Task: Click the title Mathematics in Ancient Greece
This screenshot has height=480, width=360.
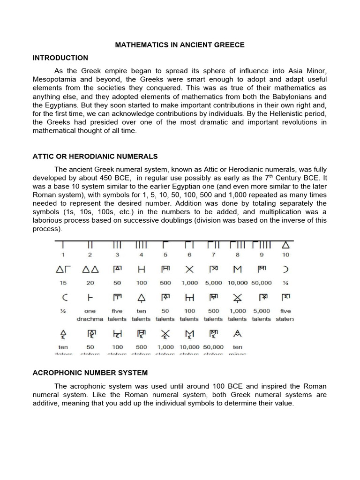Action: (x=180, y=45)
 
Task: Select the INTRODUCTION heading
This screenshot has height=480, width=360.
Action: (x=60, y=58)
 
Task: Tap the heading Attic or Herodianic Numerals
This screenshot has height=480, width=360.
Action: (x=95, y=156)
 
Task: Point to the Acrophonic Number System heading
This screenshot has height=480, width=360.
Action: (x=90, y=373)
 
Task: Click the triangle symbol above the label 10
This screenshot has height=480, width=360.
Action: (x=285, y=245)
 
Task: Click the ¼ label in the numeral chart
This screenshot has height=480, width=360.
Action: (x=285, y=283)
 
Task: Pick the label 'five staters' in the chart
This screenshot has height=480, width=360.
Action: (x=285, y=315)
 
